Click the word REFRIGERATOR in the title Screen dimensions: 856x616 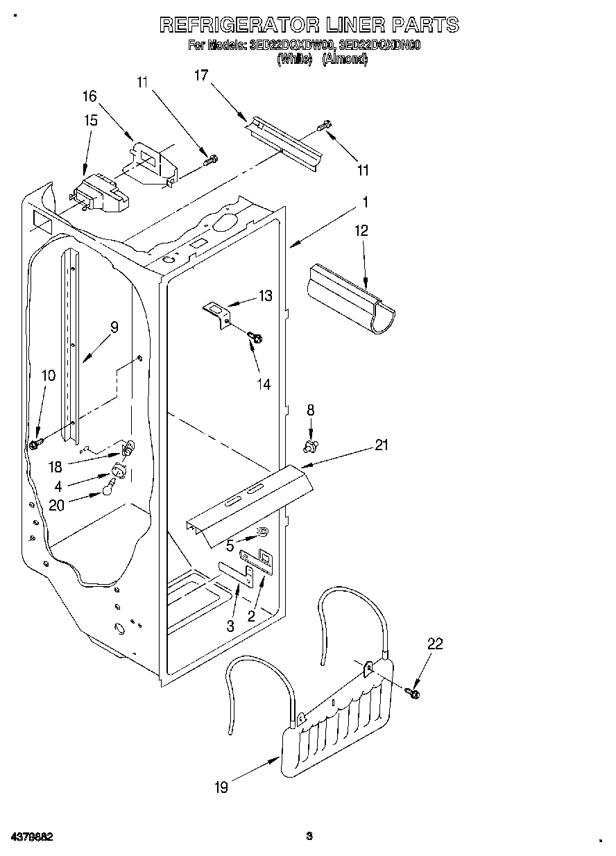click(239, 25)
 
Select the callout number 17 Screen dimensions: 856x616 click(201, 76)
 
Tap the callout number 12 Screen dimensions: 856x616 click(362, 230)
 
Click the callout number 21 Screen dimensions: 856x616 click(382, 445)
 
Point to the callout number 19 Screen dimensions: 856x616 click(221, 787)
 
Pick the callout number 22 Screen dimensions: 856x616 click(435, 644)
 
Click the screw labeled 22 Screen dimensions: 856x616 click(414, 692)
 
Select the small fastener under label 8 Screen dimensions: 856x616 click(311, 444)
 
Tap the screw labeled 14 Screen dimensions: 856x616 click(256, 338)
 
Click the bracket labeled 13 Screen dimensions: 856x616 click(216, 310)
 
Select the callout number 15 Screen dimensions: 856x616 click(91, 120)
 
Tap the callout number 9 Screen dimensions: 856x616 click(114, 327)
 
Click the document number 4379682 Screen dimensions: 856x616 click(27, 837)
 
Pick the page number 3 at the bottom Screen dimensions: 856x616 click(310, 837)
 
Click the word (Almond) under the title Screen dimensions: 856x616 click(345, 60)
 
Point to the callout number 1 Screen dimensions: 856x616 click(365, 203)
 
